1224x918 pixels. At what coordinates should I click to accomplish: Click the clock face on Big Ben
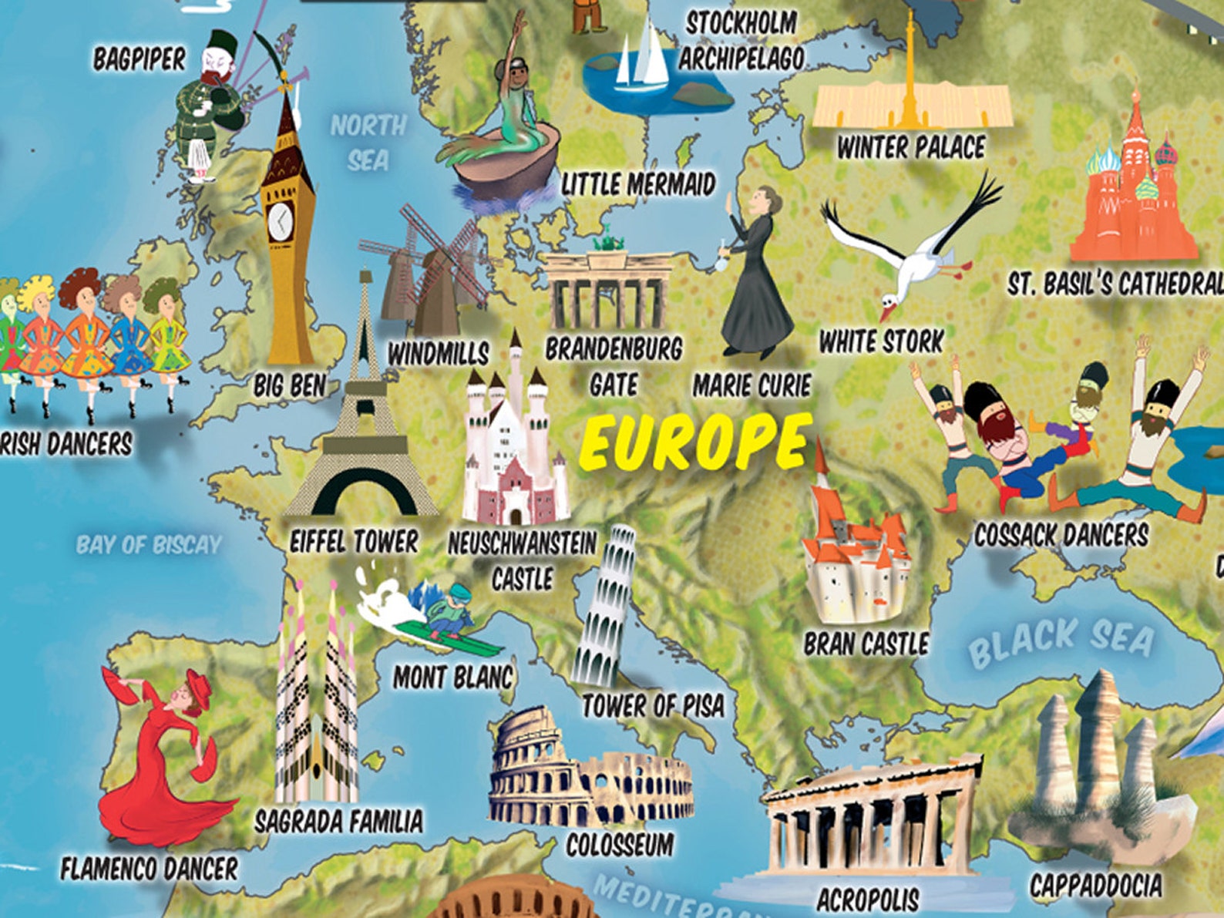280,223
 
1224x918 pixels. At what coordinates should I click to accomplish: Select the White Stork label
881,341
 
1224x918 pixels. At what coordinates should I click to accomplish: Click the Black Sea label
1061,641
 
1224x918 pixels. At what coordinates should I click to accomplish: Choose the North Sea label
368,143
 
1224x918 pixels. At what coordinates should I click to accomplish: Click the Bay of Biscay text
149,545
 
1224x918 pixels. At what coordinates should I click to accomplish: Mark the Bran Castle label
866,644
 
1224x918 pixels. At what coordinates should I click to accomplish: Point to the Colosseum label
620,845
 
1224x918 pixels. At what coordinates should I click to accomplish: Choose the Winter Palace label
911,147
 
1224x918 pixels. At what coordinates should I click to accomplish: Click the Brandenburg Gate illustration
607,289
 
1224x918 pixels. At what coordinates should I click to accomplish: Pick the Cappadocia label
1095,885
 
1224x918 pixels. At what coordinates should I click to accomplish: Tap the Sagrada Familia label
338,821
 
